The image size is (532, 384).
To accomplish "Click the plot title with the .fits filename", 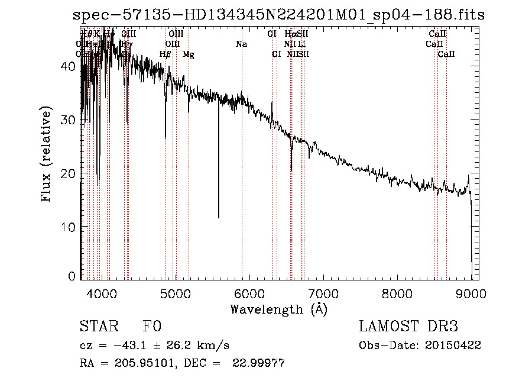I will click(278, 15).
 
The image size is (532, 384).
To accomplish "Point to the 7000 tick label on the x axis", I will click(323, 294).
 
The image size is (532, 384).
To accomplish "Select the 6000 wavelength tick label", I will click(249, 294).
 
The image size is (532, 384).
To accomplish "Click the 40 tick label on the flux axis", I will click(69, 66).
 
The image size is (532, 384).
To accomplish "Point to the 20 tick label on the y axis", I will click(69, 173).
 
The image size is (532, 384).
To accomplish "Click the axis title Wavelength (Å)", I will click(278, 309).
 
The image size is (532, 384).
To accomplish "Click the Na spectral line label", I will click(241, 44).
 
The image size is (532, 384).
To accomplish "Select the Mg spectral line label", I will click(188, 54).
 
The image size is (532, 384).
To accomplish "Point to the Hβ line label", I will click(166, 54).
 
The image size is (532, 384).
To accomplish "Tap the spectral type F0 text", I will click(152, 327).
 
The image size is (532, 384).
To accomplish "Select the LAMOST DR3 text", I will click(408, 327).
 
